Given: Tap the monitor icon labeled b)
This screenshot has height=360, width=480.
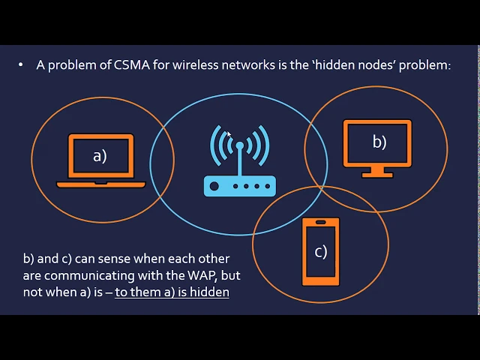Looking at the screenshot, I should (x=376, y=147).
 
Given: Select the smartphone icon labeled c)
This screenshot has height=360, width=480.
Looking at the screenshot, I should (x=320, y=251).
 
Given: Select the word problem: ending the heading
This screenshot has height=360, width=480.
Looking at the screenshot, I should (x=424, y=65).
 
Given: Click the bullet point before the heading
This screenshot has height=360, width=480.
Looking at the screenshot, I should (x=21, y=65).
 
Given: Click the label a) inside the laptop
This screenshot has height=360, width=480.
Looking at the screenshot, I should (x=100, y=156).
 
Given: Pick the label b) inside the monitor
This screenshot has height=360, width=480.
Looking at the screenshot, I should (x=379, y=141).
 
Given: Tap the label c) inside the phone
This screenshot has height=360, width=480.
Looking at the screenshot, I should (x=321, y=251).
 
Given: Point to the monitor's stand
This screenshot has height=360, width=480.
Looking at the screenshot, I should (x=376, y=171).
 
